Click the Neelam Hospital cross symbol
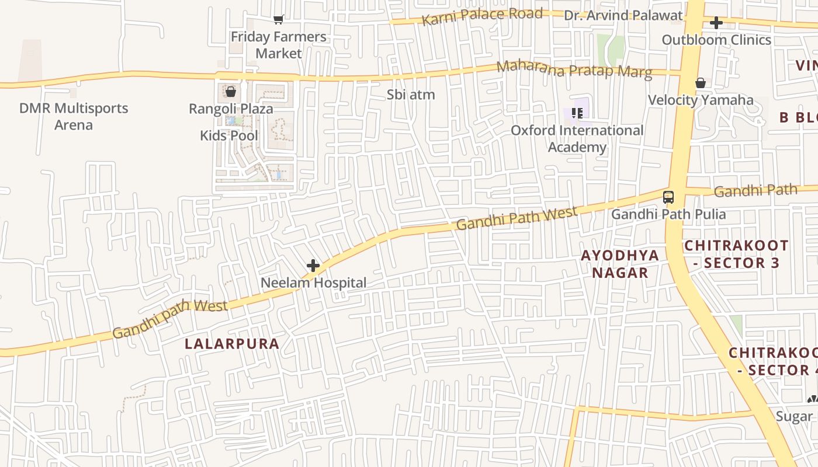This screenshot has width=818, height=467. coord(313,266)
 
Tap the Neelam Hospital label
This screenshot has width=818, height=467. coord(313,283)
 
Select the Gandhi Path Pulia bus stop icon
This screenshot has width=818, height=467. coord(668,197)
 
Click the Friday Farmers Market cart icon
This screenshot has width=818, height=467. coord(279,20)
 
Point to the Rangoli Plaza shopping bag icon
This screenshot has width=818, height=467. coord(231,92)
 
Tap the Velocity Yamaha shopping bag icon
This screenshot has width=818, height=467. coord(700,83)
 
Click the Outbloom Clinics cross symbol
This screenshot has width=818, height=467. coord(716,23)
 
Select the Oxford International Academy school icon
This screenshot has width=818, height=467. coord(577,113)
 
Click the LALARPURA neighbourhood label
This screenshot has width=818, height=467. coord(232,344)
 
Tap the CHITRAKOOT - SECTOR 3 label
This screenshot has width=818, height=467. coord(736,254)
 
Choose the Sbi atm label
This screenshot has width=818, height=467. coord(411,95)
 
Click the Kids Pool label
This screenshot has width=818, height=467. coord(229,135)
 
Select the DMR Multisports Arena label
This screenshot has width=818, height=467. coord(74,116)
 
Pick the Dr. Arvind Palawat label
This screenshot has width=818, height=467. coord(623,15)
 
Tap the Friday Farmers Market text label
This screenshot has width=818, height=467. coord(279,45)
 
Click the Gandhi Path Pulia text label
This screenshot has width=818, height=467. coord(668,214)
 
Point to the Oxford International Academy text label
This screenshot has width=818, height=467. coord(577,138)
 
